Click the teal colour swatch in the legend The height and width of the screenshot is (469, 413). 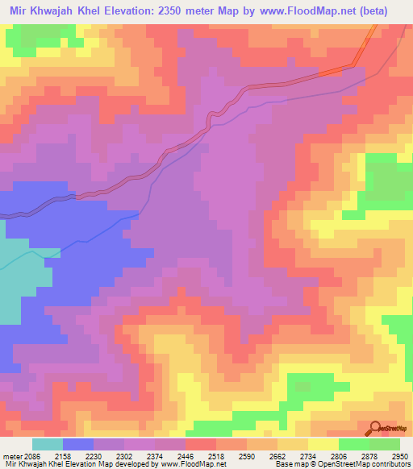pyautogui.click(x=48, y=444)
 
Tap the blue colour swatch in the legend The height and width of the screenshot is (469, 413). pyautogui.click(x=78, y=444)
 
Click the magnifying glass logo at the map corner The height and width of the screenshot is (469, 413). pyautogui.click(x=376, y=427)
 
